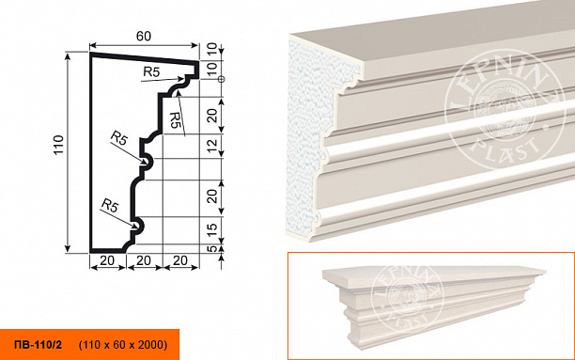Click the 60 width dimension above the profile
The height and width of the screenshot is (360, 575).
(x=144, y=36)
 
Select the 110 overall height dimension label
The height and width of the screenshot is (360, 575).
(x=58, y=145)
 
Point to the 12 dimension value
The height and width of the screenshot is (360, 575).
(x=212, y=146)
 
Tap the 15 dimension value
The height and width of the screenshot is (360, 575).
(x=212, y=230)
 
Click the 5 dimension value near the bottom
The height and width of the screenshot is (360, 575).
(x=212, y=249)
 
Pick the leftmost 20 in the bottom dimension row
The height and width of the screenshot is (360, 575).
(x=107, y=260)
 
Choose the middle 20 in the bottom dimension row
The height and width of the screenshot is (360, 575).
(x=144, y=260)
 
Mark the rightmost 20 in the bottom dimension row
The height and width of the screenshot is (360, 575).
(x=180, y=260)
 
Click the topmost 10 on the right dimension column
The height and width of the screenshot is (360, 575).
(x=212, y=49)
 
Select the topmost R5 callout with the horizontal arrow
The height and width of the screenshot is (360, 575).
(x=151, y=72)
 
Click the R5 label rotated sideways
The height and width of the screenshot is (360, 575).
(x=176, y=119)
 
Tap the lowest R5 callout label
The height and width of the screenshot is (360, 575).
(x=110, y=205)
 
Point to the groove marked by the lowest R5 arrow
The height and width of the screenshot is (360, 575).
(x=138, y=225)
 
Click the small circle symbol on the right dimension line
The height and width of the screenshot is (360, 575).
(x=221, y=79)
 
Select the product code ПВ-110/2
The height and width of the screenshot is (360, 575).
(x=39, y=345)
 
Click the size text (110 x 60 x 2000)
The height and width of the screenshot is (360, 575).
(x=123, y=345)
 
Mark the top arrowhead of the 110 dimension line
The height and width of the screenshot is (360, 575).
(x=68, y=55)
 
